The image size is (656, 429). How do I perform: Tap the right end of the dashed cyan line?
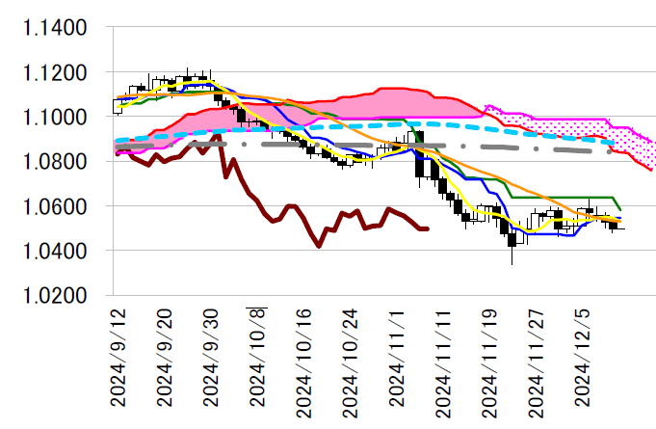pos(615,143)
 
